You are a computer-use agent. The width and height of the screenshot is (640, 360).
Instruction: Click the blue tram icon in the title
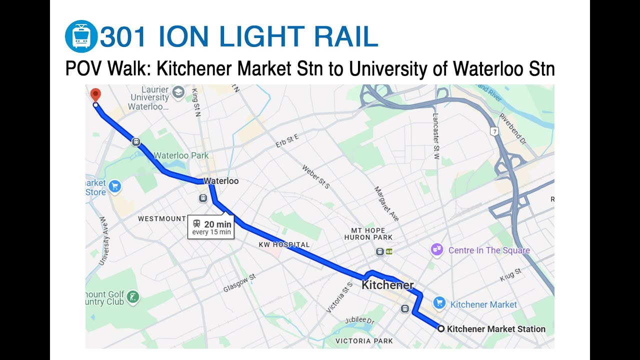(81, 36)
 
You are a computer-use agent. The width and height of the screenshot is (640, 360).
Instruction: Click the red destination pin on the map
(95, 94)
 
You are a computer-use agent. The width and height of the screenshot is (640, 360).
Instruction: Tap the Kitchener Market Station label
(495, 329)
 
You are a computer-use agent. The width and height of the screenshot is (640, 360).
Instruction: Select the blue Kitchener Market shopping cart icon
(439, 303)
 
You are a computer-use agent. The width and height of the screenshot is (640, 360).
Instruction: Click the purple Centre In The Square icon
(437, 250)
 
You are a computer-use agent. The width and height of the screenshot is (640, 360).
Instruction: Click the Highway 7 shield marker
(494, 131)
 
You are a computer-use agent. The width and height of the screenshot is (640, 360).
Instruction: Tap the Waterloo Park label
(181, 155)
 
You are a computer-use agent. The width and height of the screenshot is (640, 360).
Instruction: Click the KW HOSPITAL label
(284, 244)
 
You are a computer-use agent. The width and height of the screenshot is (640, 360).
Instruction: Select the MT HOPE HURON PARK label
(368, 233)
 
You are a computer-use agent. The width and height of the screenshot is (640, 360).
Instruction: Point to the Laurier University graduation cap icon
(178, 92)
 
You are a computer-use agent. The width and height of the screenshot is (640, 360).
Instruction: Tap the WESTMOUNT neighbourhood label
(162, 218)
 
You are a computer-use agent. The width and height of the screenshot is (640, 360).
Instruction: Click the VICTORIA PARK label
(364, 341)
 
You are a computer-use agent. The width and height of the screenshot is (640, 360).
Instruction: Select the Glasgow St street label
(239, 283)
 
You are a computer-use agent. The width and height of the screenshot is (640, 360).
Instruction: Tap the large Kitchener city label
(387, 285)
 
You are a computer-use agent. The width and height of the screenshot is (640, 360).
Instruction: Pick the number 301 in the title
(123, 37)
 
